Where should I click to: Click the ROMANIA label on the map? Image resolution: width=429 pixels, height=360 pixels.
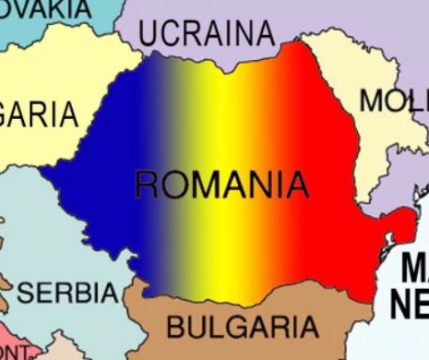[x=221, y=185]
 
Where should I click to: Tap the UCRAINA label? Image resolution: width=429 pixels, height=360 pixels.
[x=208, y=33]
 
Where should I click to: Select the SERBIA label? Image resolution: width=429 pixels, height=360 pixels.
[x=69, y=294]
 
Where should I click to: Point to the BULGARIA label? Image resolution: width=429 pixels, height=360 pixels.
[x=242, y=326]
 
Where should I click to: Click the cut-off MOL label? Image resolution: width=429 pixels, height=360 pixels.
[x=392, y=101]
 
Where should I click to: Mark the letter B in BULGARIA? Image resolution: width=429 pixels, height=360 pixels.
[x=176, y=326]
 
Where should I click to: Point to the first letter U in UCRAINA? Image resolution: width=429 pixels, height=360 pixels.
[x=150, y=34]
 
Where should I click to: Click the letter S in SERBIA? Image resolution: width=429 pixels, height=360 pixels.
[x=26, y=294]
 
